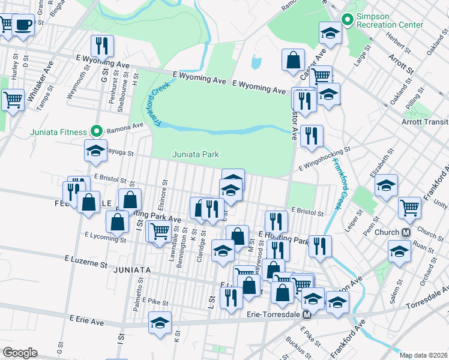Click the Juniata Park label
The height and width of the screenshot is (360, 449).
tap(196, 154)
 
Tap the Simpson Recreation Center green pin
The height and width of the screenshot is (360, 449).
tap(347, 19)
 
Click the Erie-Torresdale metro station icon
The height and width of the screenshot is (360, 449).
tap(307, 314)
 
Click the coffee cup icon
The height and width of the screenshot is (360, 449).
tap(24, 25)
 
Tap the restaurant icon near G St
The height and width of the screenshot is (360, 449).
tap(101, 45)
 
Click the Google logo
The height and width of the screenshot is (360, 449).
tap(20, 352)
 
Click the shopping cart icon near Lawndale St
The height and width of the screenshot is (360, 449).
tap(160, 230)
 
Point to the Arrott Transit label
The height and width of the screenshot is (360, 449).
tap(424, 121)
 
